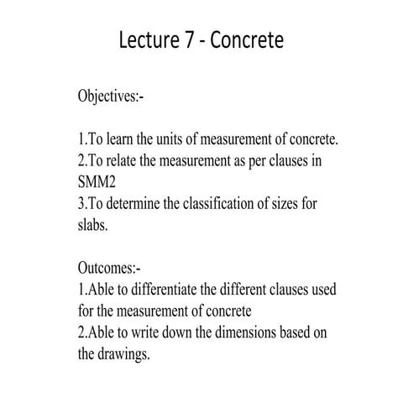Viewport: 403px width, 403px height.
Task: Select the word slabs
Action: (x=93, y=226)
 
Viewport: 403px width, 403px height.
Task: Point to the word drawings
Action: (x=127, y=353)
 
